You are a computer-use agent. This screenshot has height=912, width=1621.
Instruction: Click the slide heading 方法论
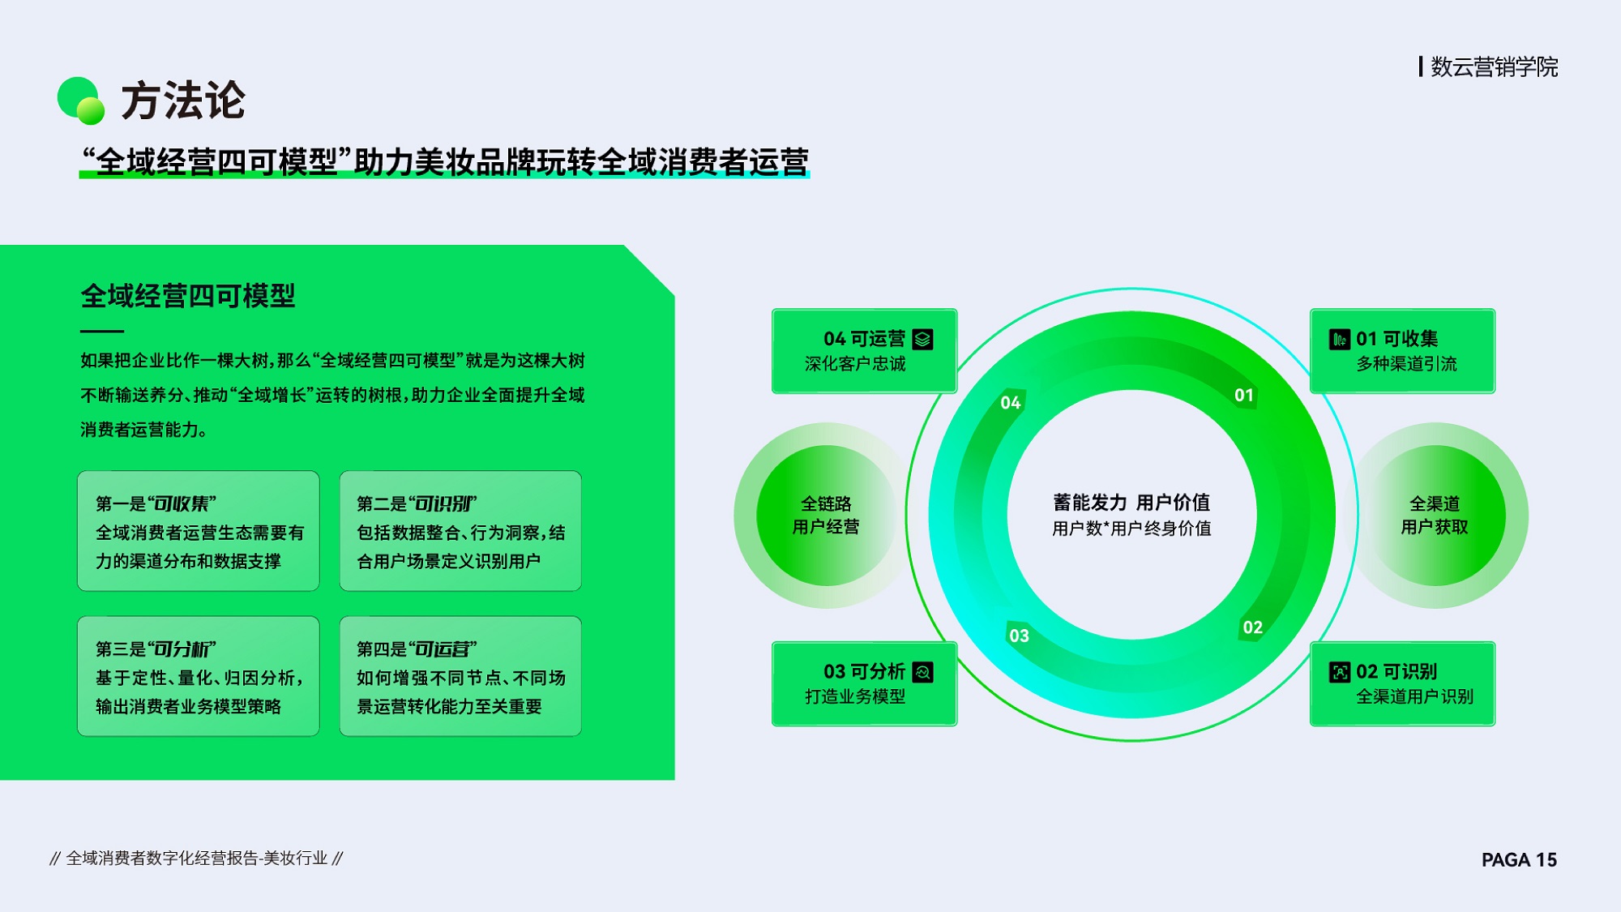183,101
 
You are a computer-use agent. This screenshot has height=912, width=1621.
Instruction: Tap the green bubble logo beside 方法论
81,101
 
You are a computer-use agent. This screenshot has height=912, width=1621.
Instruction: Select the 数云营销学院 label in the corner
1494,66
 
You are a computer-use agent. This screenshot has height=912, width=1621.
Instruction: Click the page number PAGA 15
1519,859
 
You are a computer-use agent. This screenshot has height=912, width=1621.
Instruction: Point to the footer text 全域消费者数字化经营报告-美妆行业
196,858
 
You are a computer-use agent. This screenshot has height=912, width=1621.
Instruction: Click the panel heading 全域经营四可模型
188,296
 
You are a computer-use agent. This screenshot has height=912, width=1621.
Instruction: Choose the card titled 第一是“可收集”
199,531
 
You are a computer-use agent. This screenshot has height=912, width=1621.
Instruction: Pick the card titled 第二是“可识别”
460,531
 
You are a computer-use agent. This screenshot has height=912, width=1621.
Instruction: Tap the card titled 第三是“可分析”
199,676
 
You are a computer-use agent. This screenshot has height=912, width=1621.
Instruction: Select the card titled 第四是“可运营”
460,676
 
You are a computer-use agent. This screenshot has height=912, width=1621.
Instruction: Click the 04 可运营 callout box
865,351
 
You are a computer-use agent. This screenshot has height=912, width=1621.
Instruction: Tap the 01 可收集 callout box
1402,351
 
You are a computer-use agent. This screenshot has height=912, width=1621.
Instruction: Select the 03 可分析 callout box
865,683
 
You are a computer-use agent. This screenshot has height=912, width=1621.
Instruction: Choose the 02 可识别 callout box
1402,683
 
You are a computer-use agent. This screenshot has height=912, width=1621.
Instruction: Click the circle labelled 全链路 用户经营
826,516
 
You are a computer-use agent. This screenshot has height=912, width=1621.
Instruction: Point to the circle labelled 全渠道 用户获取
1435,516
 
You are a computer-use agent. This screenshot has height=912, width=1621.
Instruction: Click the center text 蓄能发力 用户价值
1131,503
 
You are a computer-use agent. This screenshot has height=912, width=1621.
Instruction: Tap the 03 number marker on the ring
1019,636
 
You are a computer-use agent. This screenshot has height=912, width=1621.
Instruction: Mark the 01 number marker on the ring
1244,396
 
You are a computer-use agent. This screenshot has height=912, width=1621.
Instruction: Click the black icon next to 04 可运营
922,339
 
